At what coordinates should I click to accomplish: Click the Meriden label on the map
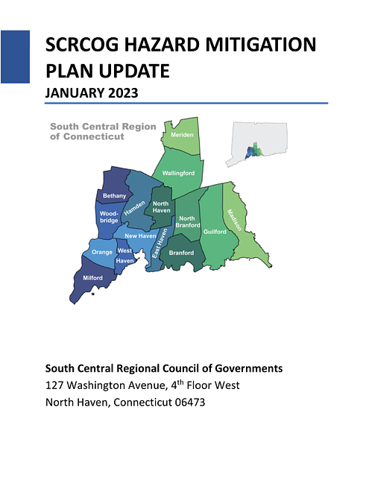coord(182,135)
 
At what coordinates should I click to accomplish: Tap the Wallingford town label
coord(178,173)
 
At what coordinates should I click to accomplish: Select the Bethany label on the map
coord(114,195)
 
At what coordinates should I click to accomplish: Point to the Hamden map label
coord(134,209)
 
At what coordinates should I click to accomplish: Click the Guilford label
coord(215,232)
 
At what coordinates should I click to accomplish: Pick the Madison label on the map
coord(234,220)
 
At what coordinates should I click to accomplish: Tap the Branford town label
coord(181,253)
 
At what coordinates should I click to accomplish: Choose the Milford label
coord(92,278)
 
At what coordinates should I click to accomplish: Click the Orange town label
coord(102,252)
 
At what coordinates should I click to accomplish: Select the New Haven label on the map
coord(140,236)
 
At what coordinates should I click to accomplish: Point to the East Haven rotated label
coord(160,244)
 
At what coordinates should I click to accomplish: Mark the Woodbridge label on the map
coord(109,217)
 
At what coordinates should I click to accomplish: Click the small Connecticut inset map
coord(256,144)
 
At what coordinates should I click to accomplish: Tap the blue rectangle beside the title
coord(15,57)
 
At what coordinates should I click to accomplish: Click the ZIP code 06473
coord(190,402)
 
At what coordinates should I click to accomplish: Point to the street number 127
coord(54,385)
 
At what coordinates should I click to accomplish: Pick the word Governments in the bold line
coord(249,368)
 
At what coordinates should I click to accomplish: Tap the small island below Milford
coord(93,294)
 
